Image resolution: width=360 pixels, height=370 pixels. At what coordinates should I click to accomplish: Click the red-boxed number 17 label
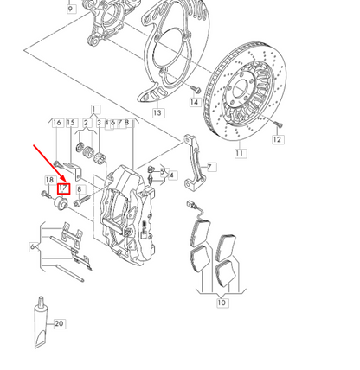(62, 188)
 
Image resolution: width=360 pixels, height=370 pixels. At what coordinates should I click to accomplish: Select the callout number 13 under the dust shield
(157, 112)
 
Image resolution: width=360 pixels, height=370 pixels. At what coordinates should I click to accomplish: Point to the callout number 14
(194, 102)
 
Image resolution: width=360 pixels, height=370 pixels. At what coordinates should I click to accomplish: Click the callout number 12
(277, 138)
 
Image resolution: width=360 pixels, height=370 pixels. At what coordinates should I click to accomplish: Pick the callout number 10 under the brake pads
(222, 303)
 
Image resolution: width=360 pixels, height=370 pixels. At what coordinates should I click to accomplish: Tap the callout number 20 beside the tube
(59, 324)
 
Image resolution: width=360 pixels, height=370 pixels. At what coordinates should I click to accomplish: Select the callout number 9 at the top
(70, 10)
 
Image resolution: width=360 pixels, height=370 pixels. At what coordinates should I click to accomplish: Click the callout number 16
(57, 123)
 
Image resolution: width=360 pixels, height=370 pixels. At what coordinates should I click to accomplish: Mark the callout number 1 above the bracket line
(94, 109)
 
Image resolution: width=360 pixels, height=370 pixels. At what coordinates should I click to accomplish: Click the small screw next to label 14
(196, 88)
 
